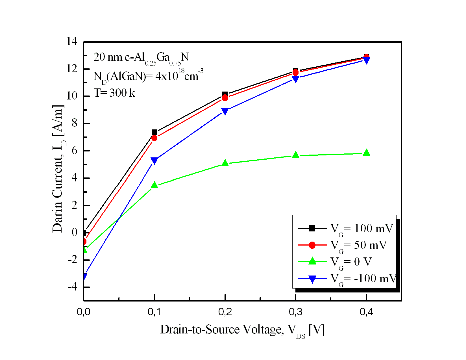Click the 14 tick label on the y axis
click(72, 42)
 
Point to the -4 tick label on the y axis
click(72, 287)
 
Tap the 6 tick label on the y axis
click(74, 151)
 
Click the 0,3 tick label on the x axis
click(295, 312)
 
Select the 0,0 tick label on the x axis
click(84, 312)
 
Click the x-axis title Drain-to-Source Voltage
click(242, 330)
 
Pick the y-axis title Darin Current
click(58, 168)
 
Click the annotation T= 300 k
click(114, 93)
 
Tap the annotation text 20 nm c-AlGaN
click(141, 58)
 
